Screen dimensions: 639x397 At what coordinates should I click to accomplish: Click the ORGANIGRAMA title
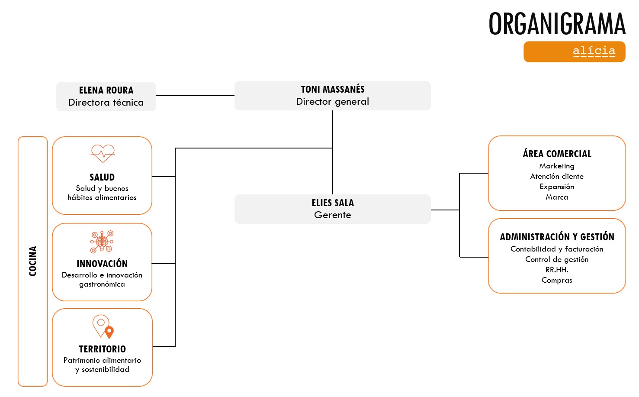click(x=557, y=24)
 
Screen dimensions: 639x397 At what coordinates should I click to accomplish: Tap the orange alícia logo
click(x=574, y=52)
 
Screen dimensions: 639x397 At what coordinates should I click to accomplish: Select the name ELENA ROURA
click(x=106, y=90)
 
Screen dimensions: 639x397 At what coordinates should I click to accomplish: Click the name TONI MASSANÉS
click(x=333, y=89)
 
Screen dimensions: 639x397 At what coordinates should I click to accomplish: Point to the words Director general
click(x=333, y=102)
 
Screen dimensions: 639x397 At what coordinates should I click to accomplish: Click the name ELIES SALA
click(x=333, y=203)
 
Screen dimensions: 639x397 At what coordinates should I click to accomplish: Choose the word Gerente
click(x=333, y=215)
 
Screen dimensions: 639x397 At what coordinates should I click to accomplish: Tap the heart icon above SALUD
click(x=103, y=153)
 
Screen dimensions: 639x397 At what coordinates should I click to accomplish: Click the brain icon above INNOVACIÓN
click(x=102, y=242)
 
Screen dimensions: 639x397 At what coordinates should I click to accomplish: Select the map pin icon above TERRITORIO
click(x=103, y=326)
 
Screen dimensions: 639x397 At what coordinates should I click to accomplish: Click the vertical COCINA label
click(x=32, y=261)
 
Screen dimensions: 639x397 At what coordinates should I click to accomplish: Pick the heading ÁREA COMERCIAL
click(x=557, y=154)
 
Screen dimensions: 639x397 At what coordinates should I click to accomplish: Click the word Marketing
click(x=557, y=166)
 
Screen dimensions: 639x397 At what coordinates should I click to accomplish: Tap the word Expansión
click(x=557, y=187)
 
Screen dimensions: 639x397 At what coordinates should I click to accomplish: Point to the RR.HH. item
click(x=557, y=270)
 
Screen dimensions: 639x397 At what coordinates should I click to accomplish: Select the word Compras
click(x=557, y=280)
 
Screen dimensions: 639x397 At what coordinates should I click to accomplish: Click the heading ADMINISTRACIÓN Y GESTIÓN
click(x=557, y=237)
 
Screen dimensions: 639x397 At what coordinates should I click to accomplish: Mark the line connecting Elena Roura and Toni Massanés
click(x=195, y=96)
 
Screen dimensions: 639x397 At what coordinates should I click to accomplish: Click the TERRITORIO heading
click(x=103, y=349)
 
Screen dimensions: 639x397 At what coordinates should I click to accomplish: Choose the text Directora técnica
click(x=106, y=103)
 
